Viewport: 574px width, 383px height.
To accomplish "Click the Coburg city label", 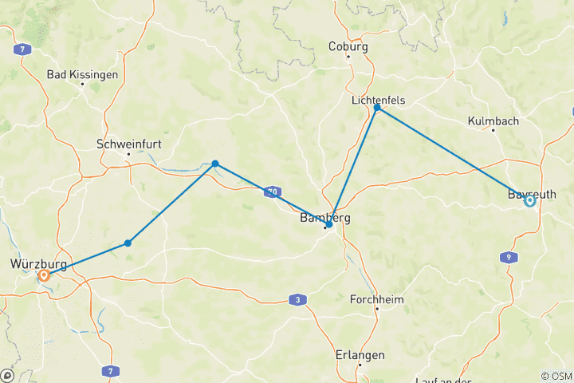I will coord(348,47).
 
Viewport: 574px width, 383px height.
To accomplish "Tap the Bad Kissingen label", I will coord(83,75).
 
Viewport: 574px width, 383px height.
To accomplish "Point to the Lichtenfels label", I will coord(379,101).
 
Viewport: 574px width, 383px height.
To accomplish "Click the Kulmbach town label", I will coord(493,121).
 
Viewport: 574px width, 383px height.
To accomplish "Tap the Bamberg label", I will coord(324,216).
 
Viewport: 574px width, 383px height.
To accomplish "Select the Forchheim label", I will coord(378,300).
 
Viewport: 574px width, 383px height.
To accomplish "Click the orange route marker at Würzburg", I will coord(44,275).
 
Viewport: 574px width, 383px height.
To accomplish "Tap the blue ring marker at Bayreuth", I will coord(529,201).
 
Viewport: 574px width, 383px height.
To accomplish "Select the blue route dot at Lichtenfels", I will coord(378,108).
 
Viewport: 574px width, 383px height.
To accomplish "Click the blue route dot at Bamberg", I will coord(329,225).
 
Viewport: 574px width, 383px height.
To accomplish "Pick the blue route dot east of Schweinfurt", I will coord(215,164).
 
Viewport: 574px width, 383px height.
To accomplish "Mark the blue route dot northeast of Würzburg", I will coord(128,243).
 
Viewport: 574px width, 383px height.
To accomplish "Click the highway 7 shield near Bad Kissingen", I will coord(26,49).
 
